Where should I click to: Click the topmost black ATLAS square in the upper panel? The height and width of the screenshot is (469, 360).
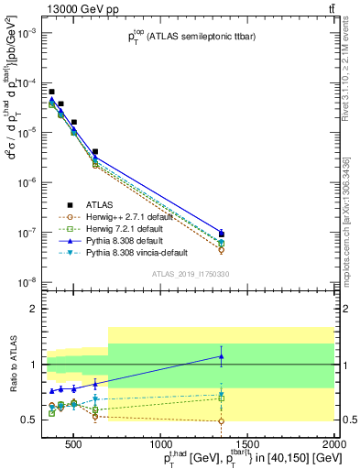51,92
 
